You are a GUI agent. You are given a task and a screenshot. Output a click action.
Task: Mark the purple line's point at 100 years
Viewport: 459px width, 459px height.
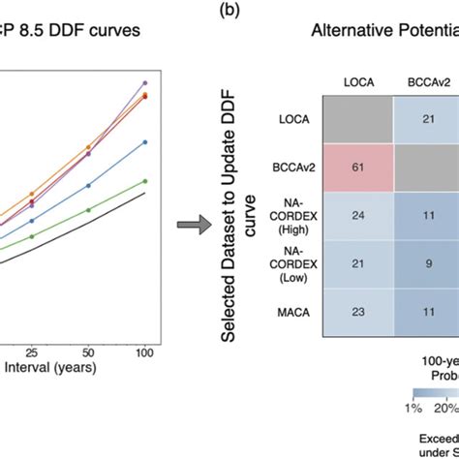tap(144, 83)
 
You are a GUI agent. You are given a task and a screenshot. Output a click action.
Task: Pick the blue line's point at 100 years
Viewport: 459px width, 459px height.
tap(144, 141)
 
